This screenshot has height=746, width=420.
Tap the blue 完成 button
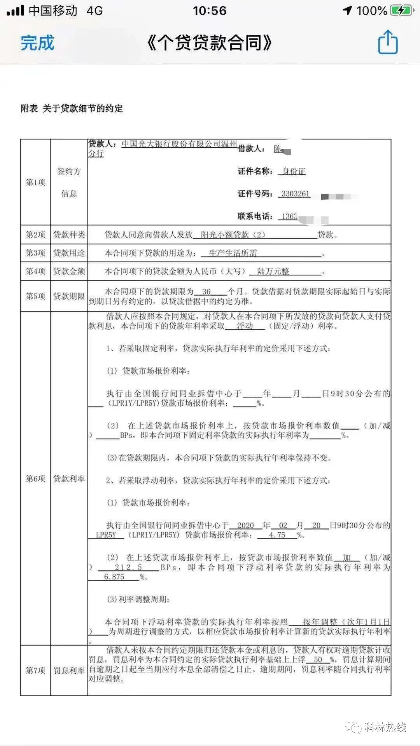click(37, 43)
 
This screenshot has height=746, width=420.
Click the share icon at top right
click(388, 42)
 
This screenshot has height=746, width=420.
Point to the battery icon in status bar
click(401, 10)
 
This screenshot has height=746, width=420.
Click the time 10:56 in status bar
click(210, 10)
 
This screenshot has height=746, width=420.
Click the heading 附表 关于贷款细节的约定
click(72, 108)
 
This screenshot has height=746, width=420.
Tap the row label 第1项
click(35, 182)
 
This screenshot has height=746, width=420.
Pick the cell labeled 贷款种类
click(69, 235)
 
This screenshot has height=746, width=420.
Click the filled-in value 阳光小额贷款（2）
click(233, 235)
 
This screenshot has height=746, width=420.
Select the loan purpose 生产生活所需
click(233, 253)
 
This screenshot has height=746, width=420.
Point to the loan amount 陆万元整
click(273, 271)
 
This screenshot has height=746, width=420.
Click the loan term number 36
click(206, 291)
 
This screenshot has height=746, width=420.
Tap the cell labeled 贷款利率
click(69, 479)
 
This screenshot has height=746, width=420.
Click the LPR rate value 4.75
click(277, 535)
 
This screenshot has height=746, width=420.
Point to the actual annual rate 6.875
click(114, 577)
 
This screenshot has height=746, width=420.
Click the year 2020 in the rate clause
click(245, 525)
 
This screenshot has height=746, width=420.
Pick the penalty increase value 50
click(318, 659)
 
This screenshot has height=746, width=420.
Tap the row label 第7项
click(35, 670)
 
